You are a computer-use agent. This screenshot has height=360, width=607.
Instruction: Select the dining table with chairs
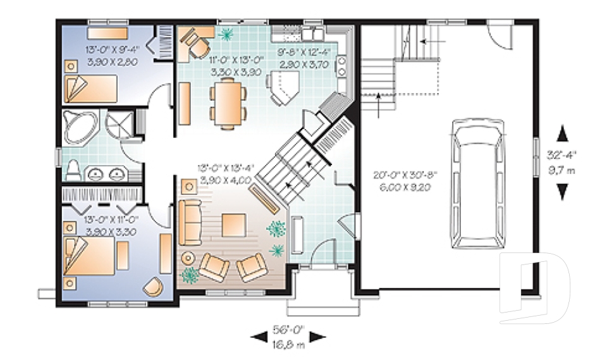[x=228, y=104]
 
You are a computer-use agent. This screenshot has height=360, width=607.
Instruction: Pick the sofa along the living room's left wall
[x=189, y=222]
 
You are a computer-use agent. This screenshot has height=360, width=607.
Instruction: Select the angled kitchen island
[x=283, y=87]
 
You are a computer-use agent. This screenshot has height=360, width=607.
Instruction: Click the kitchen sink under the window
[x=313, y=33]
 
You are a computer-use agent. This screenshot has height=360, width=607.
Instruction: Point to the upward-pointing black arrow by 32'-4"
[x=562, y=133]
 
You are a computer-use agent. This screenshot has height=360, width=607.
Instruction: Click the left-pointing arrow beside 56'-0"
[x=259, y=337]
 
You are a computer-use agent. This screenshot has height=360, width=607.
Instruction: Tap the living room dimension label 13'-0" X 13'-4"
[x=226, y=174]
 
